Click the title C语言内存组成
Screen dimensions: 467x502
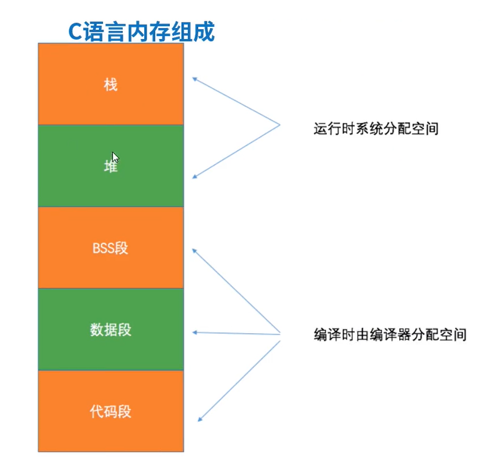[141, 32]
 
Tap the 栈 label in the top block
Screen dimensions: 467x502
[110, 85]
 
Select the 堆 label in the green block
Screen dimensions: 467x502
[110, 166]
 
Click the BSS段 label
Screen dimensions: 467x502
[110, 248]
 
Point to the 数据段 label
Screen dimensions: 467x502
[110, 330]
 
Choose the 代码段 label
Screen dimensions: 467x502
[110, 412]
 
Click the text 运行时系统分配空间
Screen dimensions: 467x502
[376, 129]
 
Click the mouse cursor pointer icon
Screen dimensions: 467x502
[115, 157]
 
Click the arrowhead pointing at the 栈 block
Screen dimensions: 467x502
[195, 79]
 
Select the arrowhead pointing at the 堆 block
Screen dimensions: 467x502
[195, 177]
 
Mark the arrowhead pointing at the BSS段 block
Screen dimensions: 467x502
[195, 250]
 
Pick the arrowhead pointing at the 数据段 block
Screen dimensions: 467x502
[195, 332]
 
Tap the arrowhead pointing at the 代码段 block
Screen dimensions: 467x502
[200, 420]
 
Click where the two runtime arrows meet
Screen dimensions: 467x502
[279, 125]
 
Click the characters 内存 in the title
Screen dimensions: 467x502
[141, 32]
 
